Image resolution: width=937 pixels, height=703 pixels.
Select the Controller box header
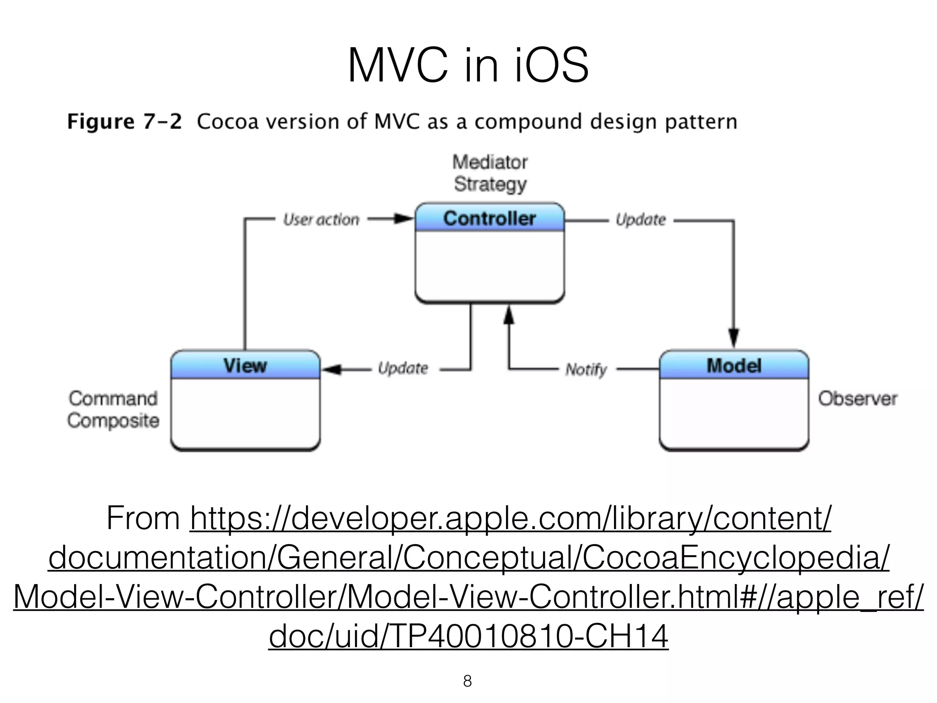click(490, 218)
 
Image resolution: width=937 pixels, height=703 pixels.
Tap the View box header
click(245, 366)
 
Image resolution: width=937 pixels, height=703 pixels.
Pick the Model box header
click(734, 366)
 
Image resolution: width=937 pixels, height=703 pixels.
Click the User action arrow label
click(321, 220)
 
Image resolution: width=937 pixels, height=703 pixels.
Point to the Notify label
click(586, 369)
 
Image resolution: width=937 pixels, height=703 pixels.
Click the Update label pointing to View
click(403, 368)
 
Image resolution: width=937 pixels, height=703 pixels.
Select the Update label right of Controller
click(641, 220)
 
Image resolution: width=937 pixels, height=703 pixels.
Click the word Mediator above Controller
click(490, 162)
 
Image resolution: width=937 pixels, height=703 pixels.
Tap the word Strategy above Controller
click(490, 184)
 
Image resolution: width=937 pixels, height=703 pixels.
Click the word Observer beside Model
click(857, 399)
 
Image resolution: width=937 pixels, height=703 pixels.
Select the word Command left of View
click(113, 399)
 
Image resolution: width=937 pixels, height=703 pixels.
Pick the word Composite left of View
click(113, 421)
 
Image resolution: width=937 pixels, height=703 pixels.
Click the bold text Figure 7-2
click(124, 122)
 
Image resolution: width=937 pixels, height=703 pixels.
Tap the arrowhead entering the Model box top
click(734, 339)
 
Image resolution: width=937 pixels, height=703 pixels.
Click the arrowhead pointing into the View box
click(332, 369)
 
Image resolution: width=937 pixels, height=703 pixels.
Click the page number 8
click(467, 681)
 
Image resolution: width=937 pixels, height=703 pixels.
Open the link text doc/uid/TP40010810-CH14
click(468, 636)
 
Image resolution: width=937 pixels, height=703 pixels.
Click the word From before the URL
click(143, 519)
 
